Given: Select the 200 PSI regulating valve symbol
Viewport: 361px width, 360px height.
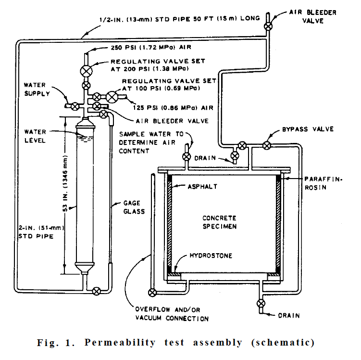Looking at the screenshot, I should (87, 70).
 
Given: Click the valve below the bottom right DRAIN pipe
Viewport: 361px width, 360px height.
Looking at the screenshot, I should (261, 303).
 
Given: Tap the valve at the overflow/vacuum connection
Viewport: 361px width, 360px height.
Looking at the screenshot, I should (153, 292).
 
